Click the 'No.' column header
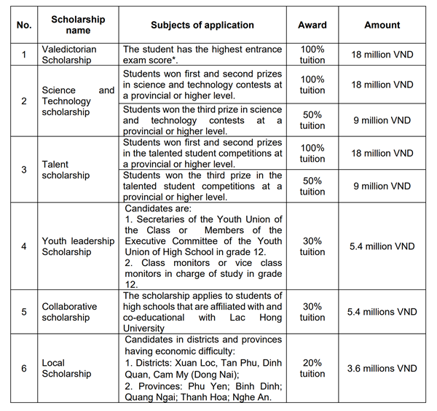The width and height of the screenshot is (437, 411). point(24,25)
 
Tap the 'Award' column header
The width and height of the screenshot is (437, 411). point(312,25)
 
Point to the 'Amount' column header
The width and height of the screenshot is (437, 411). point(382,25)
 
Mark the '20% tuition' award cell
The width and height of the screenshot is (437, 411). point(312,368)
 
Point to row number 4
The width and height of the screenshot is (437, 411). point(24,246)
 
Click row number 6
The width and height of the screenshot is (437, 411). point(24,368)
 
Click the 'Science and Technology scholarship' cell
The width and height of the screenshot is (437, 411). point(78,101)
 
